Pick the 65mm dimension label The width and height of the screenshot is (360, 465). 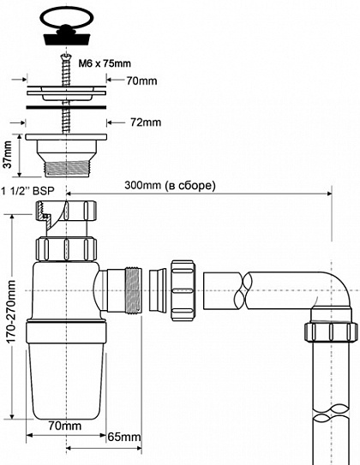coord(123,438)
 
